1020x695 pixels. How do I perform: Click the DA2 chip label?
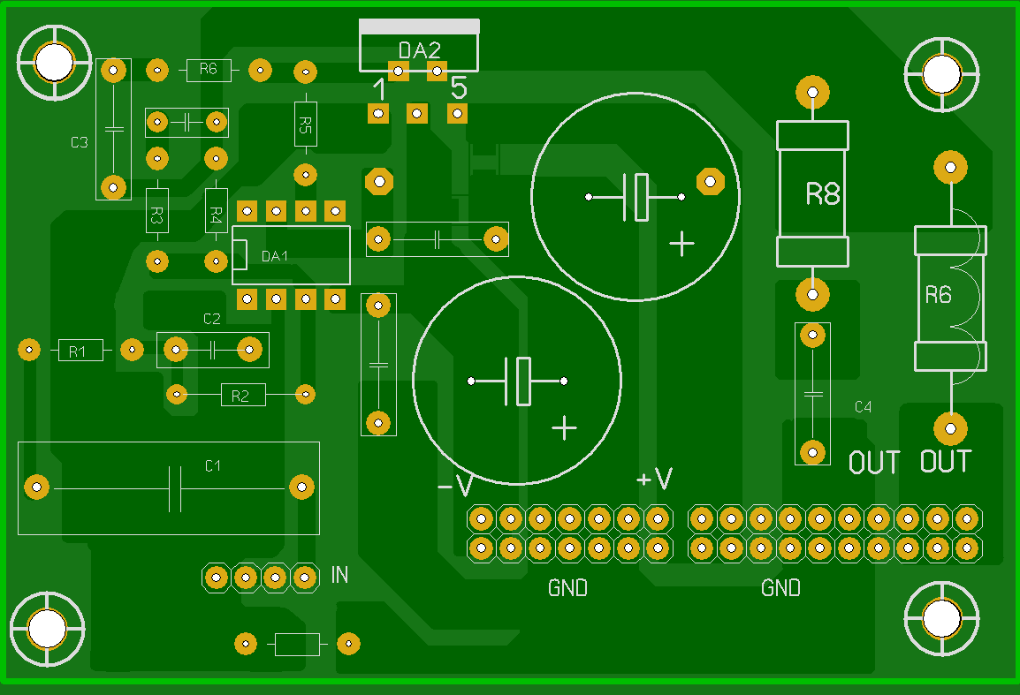pos(419,51)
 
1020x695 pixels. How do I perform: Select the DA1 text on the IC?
pos(275,256)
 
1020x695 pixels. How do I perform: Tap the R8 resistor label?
pos(822,194)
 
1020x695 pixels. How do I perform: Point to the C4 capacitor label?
pos(863,407)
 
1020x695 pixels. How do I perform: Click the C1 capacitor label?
pos(213,465)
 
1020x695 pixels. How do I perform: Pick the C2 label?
pos(212,319)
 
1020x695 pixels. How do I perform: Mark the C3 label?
pos(80,142)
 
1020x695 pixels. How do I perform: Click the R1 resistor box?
pos(80,351)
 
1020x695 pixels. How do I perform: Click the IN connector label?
pos(339,576)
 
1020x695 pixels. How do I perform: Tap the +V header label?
pos(654,480)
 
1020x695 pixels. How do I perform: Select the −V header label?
pos(455,487)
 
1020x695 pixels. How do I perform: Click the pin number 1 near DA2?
pos(379,89)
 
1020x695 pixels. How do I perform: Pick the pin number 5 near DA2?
pos(459,88)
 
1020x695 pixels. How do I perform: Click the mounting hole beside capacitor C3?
pos(54,61)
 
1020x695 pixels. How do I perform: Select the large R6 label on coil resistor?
pos(938,295)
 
